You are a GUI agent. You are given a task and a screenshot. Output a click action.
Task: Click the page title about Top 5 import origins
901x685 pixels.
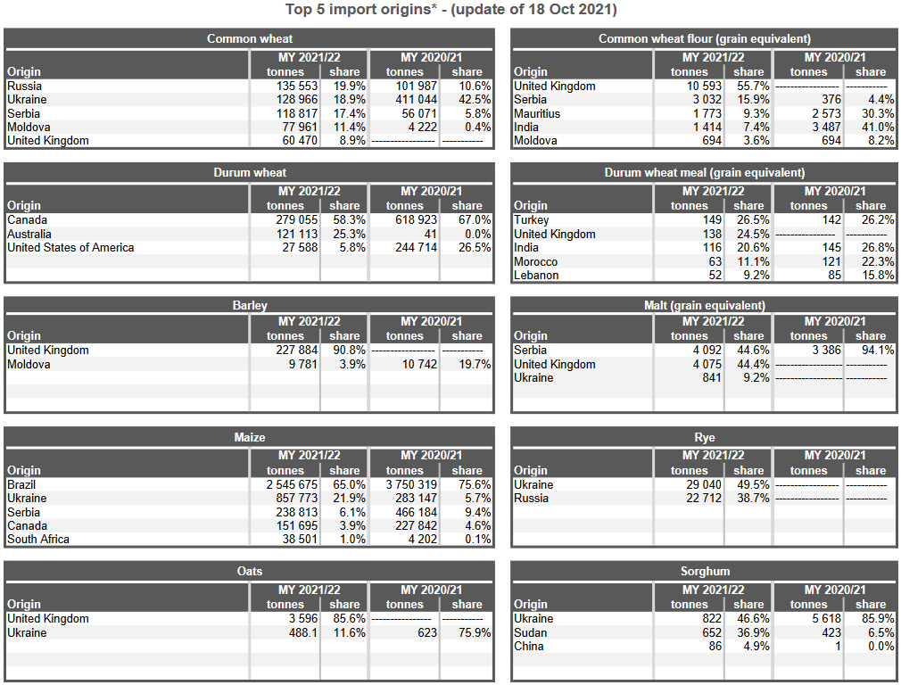(x=450, y=10)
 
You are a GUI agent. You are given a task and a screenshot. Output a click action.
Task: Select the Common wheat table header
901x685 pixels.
(x=250, y=38)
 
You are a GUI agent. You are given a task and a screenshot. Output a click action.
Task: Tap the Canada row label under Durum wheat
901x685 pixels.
(x=28, y=220)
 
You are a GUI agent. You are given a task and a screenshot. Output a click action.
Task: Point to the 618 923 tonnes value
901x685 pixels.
(x=412, y=220)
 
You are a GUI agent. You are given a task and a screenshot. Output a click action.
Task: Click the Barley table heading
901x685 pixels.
(x=250, y=305)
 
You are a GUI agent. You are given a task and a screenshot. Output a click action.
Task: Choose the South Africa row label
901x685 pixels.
(x=38, y=540)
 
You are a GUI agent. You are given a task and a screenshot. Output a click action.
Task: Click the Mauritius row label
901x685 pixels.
(x=537, y=114)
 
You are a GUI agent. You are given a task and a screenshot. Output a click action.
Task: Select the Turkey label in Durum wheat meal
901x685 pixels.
(x=532, y=220)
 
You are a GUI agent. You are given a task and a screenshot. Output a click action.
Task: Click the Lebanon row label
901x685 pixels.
(x=536, y=276)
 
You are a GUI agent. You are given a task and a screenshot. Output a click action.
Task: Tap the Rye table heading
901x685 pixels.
(x=705, y=438)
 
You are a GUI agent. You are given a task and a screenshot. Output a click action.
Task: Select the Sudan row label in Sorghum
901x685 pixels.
(x=531, y=633)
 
